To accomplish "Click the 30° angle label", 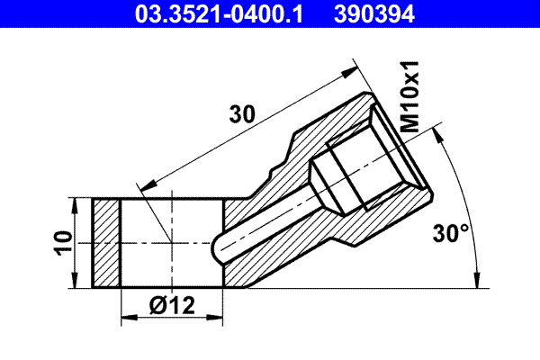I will point(451,234).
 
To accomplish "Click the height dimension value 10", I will point(59,243).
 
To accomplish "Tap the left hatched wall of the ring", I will point(106,243).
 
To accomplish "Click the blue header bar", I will point(270,13).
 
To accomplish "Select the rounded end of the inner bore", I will point(219,246).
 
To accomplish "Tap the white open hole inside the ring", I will point(162,243).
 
